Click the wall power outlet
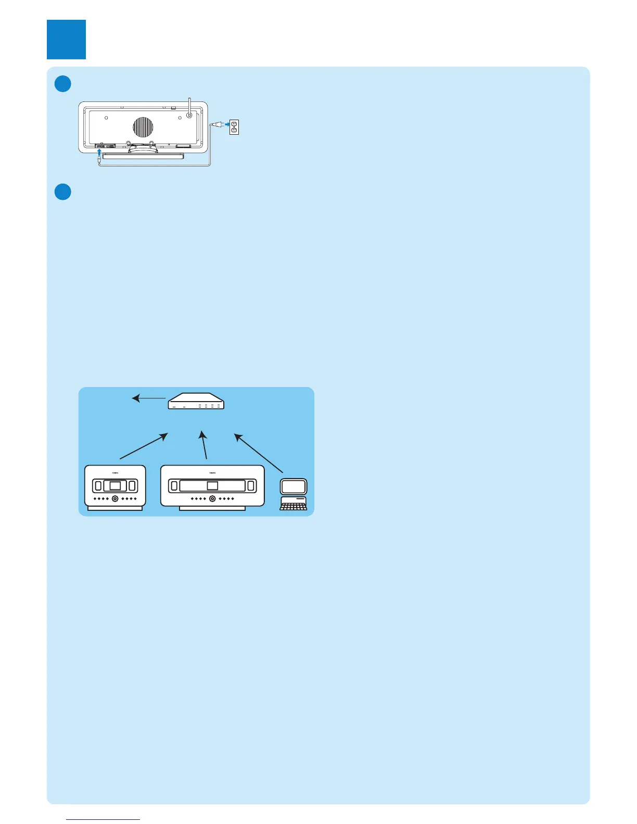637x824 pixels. tap(234, 126)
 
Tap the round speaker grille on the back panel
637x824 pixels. tap(143, 127)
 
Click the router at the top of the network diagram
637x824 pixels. tap(196, 401)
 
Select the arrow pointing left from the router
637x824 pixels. tap(149, 398)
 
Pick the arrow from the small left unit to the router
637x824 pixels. tap(144, 446)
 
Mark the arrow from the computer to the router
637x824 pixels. tap(259, 445)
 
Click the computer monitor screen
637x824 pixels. tap(294, 486)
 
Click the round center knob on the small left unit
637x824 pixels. tap(115, 499)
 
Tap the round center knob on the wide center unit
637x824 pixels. tap(212, 499)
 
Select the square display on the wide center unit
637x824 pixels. tap(212, 486)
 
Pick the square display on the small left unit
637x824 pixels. tap(115, 486)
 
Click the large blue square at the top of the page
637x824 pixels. tap(66, 40)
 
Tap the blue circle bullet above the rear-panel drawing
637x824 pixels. tap(63, 84)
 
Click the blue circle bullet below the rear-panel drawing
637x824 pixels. tap(63, 191)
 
